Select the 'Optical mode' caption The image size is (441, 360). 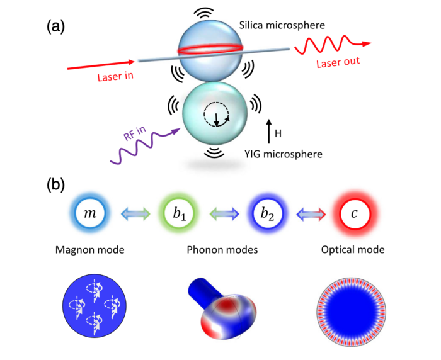coord(353,250)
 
